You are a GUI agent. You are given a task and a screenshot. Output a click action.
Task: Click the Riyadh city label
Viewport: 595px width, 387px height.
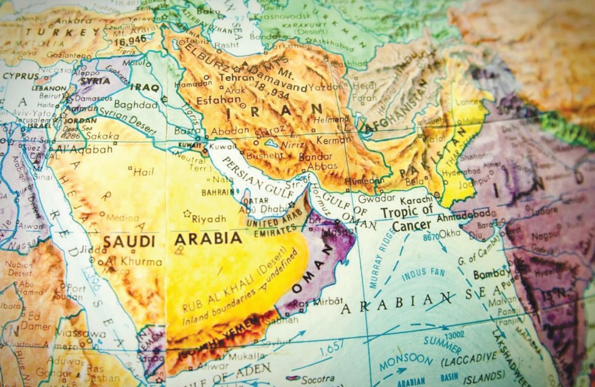(x=209, y=219)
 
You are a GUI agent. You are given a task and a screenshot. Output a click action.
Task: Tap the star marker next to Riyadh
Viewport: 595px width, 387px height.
(x=187, y=214)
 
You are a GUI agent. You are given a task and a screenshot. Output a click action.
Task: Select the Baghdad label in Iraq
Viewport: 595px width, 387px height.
(x=136, y=105)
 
